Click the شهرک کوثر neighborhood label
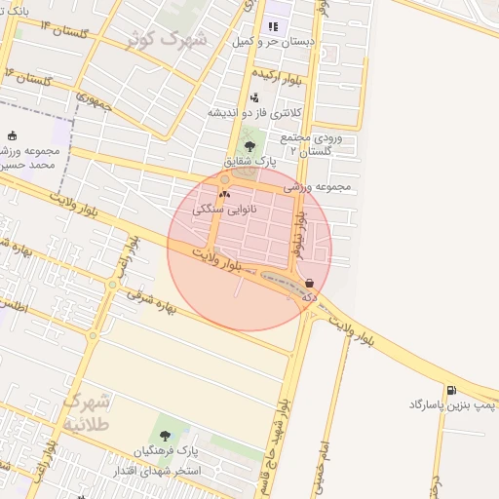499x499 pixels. coord(168,40)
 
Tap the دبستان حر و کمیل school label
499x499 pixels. coord(271,43)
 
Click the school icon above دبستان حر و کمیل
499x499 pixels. coord(272,26)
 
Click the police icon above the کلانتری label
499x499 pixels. coord(254,96)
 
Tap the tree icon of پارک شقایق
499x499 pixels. coord(249,146)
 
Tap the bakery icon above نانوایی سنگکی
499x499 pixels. coord(225,194)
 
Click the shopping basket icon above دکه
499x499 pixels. coord(309,283)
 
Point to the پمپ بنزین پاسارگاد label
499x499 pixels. coord(452,403)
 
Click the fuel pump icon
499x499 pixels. coord(451,388)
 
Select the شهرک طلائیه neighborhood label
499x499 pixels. coord(88,411)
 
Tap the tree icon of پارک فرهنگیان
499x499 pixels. coord(163,436)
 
